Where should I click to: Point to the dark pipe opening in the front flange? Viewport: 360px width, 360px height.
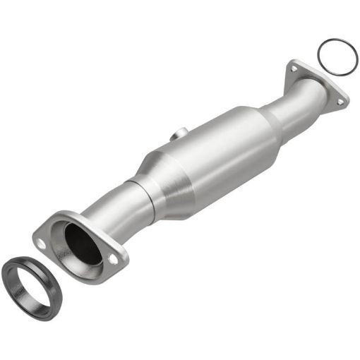click(83, 244)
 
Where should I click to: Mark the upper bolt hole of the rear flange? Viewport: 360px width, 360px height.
click(292, 68)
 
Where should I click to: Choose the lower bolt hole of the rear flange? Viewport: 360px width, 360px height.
click(340, 102)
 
